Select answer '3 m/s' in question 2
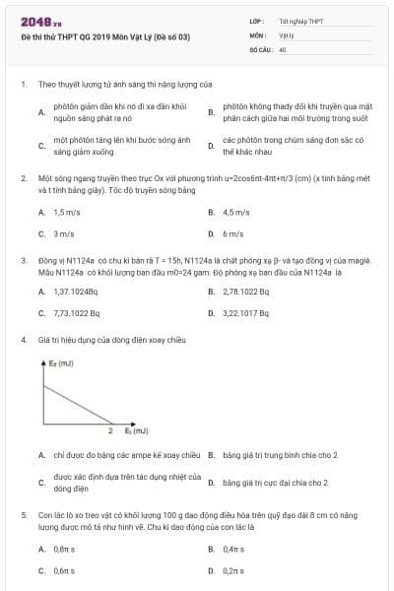point(64,234)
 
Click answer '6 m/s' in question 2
point(233,234)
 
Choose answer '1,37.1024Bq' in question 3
point(76,292)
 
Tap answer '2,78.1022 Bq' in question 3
point(246,292)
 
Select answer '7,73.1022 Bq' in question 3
point(76,314)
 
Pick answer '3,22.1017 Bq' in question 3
point(246,314)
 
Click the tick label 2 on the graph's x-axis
point(110,430)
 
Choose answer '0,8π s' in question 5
point(65,548)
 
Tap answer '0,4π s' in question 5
point(234,548)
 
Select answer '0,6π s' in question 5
point(65,570)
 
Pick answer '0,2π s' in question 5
point(234,570)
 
